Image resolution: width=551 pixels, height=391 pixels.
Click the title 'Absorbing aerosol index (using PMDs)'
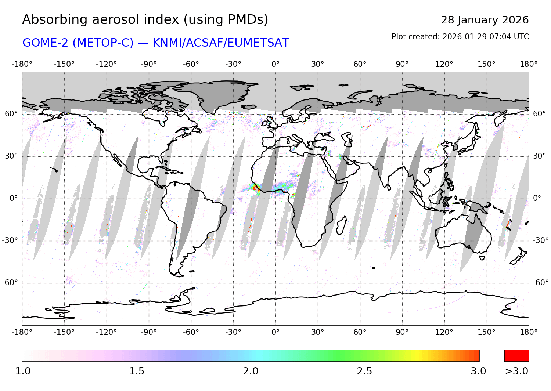[145, 20]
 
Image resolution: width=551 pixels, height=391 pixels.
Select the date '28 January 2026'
[485, 20]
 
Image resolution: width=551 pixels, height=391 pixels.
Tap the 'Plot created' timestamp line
[460, 37]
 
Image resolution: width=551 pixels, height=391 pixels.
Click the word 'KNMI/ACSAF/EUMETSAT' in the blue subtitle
[221, 43]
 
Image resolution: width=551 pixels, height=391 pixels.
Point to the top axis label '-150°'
[64, 64]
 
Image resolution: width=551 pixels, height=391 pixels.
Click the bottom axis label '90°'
[402, 332]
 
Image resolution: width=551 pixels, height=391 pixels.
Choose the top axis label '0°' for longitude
[275, 64]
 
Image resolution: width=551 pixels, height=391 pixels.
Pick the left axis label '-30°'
[10, 240]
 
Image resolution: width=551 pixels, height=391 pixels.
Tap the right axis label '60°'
[539, 114]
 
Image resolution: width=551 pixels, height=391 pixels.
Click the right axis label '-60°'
[540, 283]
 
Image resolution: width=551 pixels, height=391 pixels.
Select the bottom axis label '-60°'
[191, 332]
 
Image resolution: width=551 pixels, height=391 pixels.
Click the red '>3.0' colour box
[516, 356]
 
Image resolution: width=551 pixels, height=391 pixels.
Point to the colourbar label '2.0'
[251, 371]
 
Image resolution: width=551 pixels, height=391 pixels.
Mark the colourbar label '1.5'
[137, 371]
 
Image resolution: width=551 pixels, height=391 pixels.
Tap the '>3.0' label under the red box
[516, 371]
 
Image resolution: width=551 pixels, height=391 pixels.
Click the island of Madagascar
[341, 225]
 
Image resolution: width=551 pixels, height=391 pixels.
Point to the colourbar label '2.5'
[364, 371]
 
